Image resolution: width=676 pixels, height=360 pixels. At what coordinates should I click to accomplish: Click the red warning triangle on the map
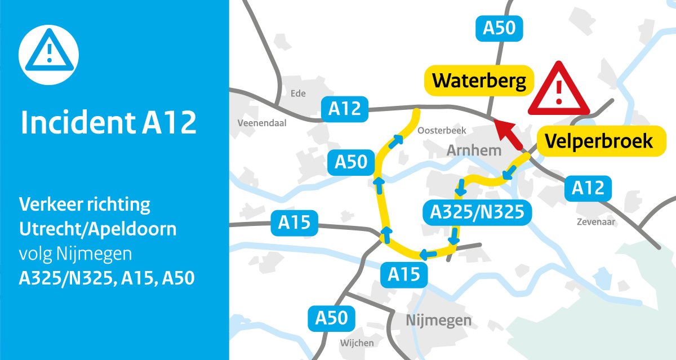point(558,90)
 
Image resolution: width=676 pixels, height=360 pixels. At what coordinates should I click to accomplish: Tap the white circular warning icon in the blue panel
point(48,55)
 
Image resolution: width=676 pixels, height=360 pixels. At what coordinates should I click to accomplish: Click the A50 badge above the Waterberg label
point(499,28)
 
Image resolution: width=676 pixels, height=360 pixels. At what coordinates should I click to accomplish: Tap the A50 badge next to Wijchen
point(331,318)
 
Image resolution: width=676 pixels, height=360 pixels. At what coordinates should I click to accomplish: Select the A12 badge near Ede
point(344,108)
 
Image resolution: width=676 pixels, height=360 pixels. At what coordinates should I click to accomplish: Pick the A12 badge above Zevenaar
point(588,188)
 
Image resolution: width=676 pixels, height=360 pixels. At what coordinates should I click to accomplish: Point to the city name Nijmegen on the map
point(439,321)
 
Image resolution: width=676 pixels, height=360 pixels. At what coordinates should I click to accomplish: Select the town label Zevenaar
point(594,222)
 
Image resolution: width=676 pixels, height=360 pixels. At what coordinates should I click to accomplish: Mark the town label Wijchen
point(357,343)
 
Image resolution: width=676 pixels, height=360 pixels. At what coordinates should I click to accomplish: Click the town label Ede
point(297,94)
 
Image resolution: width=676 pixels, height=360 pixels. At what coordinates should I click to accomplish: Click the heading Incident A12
point(109,122)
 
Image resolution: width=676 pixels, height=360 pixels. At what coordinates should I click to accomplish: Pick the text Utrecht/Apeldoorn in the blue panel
point(97,229)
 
